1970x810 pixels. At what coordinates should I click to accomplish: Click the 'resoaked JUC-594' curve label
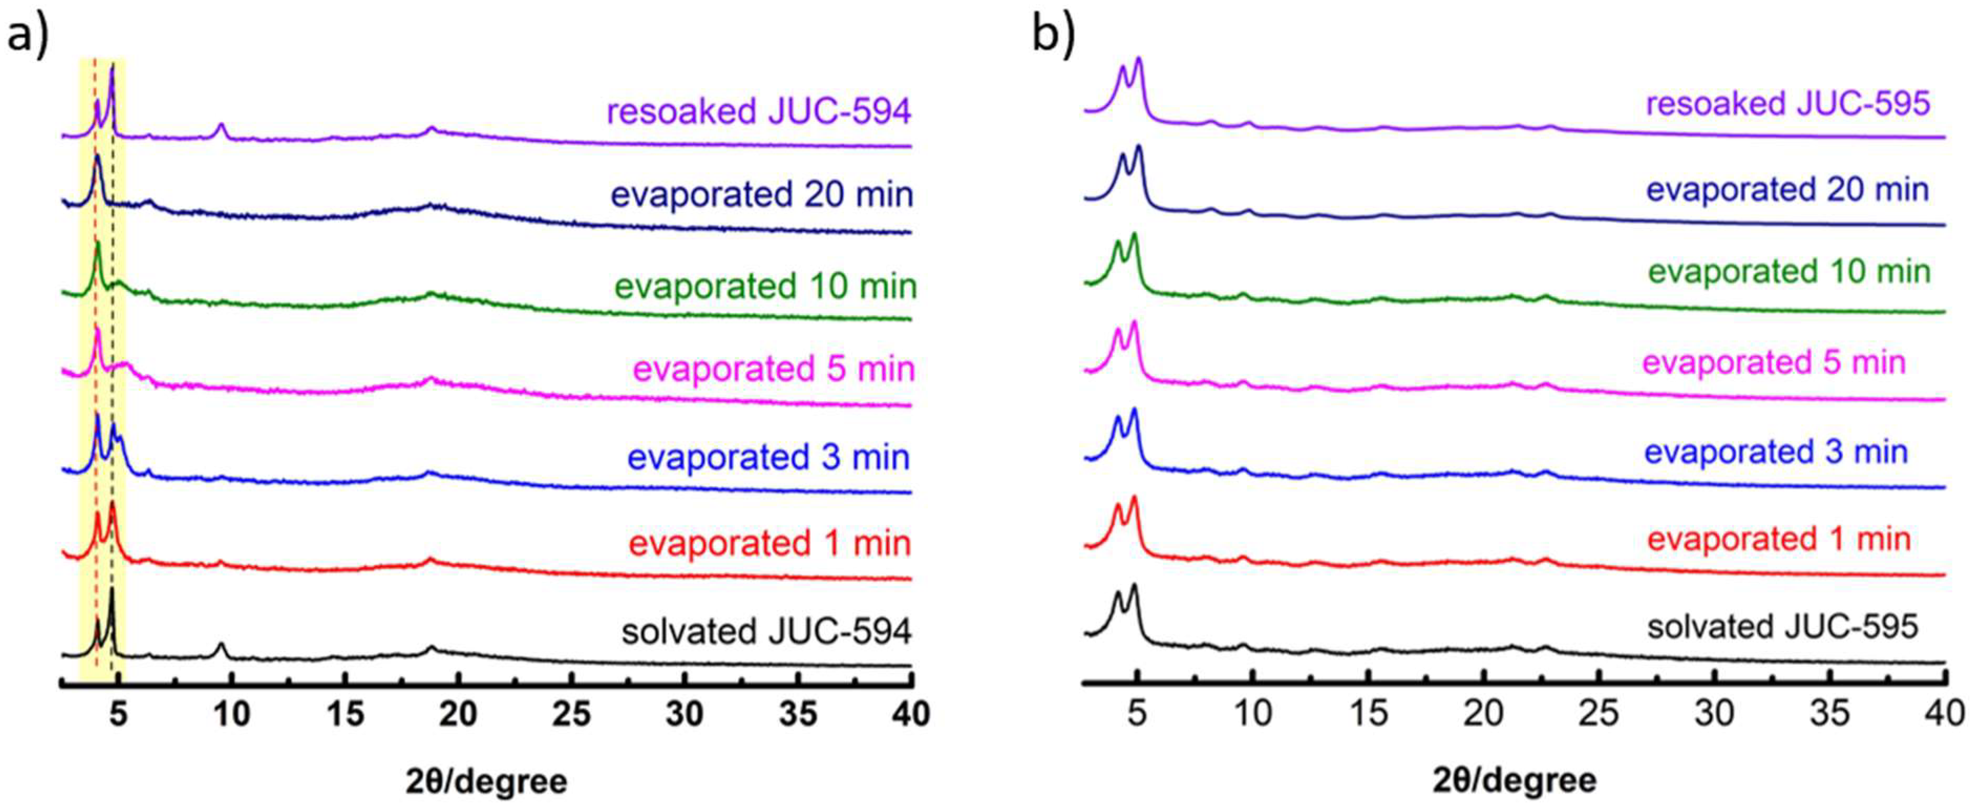[759, 112]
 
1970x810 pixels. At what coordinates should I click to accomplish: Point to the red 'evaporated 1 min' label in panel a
[769, 544]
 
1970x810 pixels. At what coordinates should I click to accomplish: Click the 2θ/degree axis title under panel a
[487, 782]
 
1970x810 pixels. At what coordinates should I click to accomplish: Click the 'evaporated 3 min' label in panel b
[1776, 452]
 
